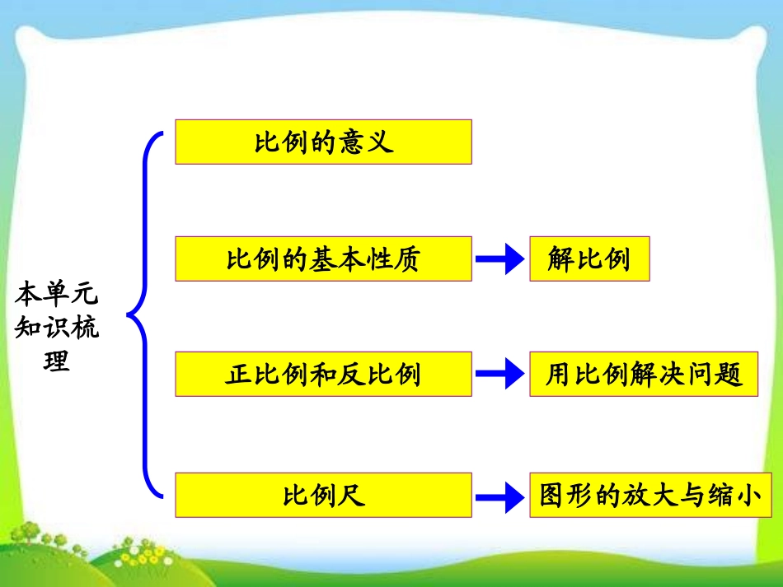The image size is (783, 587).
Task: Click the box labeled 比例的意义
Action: (323, 142)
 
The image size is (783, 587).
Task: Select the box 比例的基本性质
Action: (323, 259)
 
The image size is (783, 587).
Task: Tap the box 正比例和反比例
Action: (323, 374)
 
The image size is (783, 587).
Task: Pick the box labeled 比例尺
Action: (323, 495)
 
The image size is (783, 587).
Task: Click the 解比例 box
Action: (588, 259)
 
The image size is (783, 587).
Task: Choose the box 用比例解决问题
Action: (643, 374)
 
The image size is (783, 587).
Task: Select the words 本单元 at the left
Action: (57, 293)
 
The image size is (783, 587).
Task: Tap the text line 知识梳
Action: (57, 328)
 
